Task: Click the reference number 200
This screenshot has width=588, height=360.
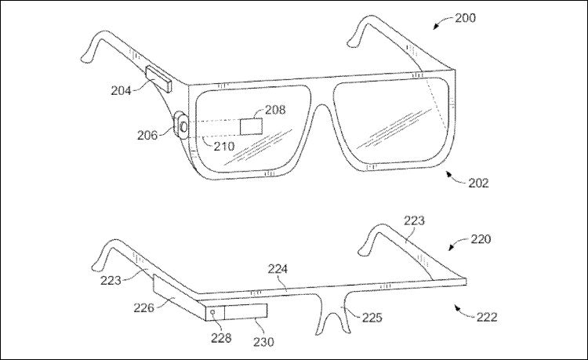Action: click(x=466, y=17)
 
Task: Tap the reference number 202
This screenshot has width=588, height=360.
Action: click(x=478, y=183)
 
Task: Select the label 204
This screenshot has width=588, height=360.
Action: click(x=121, y=90)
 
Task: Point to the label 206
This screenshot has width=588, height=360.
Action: click(x=147, y=135)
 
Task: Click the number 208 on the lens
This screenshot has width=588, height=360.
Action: click(x=275, y=110)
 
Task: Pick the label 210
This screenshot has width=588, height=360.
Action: click(x=224, y=146)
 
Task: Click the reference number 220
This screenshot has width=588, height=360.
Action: click(x=481, y=239)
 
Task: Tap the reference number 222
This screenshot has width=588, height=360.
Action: click(x=487, y=317)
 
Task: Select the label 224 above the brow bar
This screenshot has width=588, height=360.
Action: click(x=278, y=269)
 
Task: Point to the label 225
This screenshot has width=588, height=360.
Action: click(x=372, y=318)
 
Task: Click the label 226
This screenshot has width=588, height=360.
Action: click(x=144, y=308)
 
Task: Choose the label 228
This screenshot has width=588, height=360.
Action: click(x=221, y=338)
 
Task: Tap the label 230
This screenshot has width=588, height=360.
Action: click(x=263, y=342)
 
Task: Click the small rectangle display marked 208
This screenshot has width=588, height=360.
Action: click(x=251, y=126)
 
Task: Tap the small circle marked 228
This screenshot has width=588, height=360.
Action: click(x=213, y=312)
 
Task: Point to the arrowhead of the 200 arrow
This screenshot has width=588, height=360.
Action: click(x=435, y=27)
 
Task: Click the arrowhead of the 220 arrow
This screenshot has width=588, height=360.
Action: click(x=451, y=249)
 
